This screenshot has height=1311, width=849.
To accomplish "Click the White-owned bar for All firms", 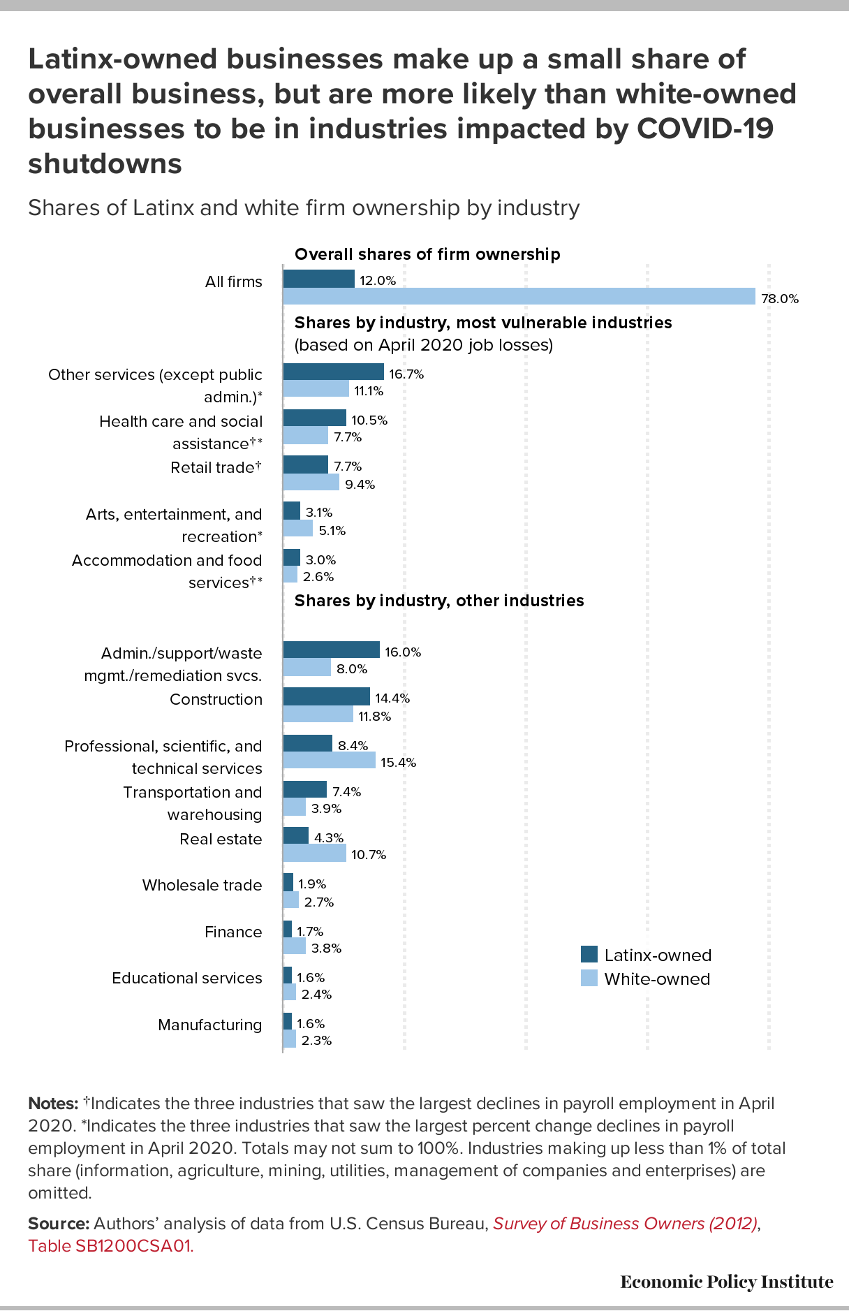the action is (x=519, y=297).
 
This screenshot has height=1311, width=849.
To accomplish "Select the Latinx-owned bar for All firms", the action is (x=319, y=279).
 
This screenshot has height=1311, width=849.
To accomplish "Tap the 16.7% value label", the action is (x=406, y=374).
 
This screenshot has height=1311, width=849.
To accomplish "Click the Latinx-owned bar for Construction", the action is (x=327, y=696).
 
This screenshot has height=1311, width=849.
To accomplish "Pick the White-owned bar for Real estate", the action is (x=315, y=853).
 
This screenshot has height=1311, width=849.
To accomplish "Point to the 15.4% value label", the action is (x=399, y=762).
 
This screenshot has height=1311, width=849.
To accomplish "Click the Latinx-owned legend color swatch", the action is (x=589, y=955).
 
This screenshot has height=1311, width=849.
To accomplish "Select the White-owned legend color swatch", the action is (x=589, y=979).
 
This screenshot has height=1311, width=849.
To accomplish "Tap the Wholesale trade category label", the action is (x=202, y=885).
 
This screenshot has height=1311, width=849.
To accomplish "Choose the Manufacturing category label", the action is (x=210, y=1025).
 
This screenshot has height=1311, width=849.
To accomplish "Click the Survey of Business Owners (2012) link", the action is (x=626, y=1224).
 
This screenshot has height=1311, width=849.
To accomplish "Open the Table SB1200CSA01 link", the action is (x=110, y=1246).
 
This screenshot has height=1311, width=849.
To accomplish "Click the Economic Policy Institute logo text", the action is (x=727, y=1282).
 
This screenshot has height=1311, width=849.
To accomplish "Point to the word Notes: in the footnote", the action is (x=53, y=1104).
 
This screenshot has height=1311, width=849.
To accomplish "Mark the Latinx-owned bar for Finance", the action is (x=288, y=929).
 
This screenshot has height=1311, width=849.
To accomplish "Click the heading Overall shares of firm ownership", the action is (x=427, y=254).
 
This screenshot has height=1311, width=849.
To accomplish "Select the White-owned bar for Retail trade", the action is (x=311, y=483).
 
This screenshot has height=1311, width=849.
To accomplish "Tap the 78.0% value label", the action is (x=780, y=299).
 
